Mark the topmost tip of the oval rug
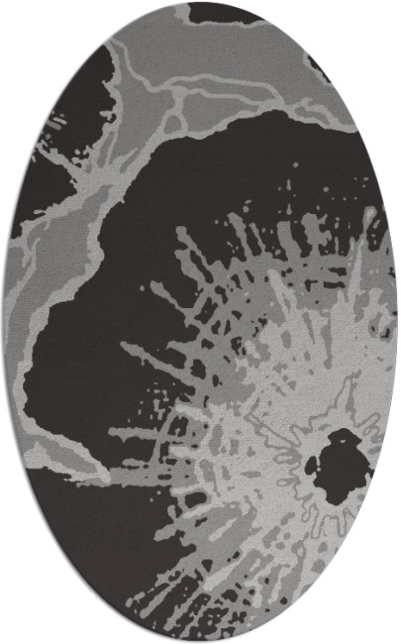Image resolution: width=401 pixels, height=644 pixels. [200, 2]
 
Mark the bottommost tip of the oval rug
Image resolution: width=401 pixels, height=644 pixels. [200, 642]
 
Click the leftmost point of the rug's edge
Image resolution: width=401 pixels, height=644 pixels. [2, 322]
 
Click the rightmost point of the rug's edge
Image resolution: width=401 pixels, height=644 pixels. [398, 322]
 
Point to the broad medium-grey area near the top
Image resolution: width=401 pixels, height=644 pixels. [228, 59]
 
